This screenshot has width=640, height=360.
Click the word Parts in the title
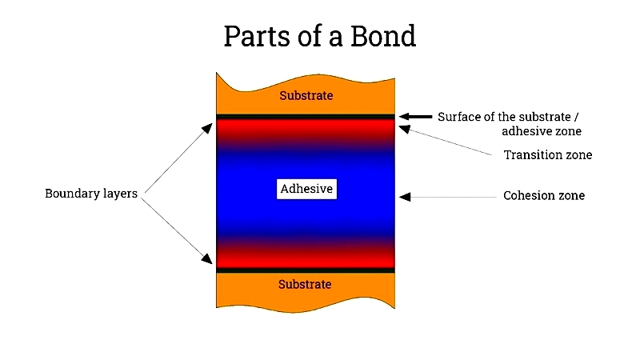258,36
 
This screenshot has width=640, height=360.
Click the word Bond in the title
383,36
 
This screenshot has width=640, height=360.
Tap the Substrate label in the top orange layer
306,95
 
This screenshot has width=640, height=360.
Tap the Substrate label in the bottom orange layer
305,284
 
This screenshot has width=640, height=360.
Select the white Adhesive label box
306,189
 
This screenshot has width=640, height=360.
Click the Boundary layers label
91,194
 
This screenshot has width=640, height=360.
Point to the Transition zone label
548,155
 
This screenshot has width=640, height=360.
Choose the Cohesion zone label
544,195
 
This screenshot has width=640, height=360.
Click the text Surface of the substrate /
508,117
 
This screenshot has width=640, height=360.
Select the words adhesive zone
542,131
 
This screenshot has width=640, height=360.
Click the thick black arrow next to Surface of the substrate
415,117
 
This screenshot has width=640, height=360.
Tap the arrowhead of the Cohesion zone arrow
405,197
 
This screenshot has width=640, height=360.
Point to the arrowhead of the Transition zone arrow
404,129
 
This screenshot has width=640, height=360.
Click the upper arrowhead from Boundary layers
207,129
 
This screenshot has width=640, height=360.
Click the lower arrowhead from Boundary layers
207,258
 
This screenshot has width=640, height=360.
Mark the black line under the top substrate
306,117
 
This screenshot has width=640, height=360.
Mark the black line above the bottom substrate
306,270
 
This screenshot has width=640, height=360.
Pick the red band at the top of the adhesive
306,127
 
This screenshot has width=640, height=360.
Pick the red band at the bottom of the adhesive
306,258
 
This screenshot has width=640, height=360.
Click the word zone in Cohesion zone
571,196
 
